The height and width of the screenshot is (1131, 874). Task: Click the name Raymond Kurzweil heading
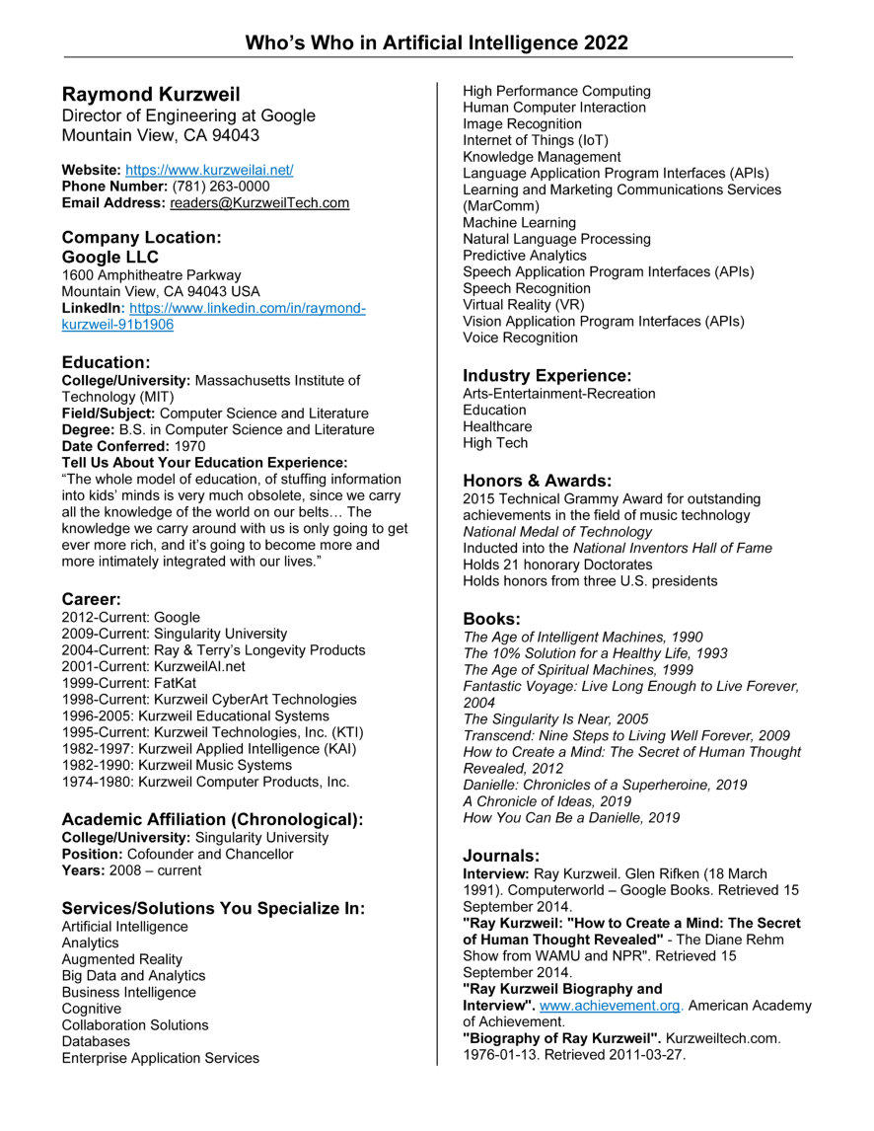coord(151,95)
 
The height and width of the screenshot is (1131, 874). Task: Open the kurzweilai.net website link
coord(209,170)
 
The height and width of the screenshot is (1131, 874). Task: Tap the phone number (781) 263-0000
coord(220,187)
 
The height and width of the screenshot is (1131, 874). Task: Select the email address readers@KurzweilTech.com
coord(259,202)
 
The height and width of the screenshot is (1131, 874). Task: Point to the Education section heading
coord(106,362)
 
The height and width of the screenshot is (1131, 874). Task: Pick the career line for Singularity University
coord(174,634)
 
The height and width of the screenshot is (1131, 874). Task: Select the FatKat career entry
coord(143,683)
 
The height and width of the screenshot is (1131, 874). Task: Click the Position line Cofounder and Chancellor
coord(178,854)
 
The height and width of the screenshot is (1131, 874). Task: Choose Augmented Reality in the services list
coord(121,959)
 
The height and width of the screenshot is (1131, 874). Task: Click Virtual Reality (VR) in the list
coord(523,305)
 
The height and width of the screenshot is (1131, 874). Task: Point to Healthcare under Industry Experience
coord(497,426)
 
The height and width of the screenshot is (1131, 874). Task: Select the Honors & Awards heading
coord(538,481)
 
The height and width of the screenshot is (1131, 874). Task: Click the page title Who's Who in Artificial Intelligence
coord(436,42)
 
